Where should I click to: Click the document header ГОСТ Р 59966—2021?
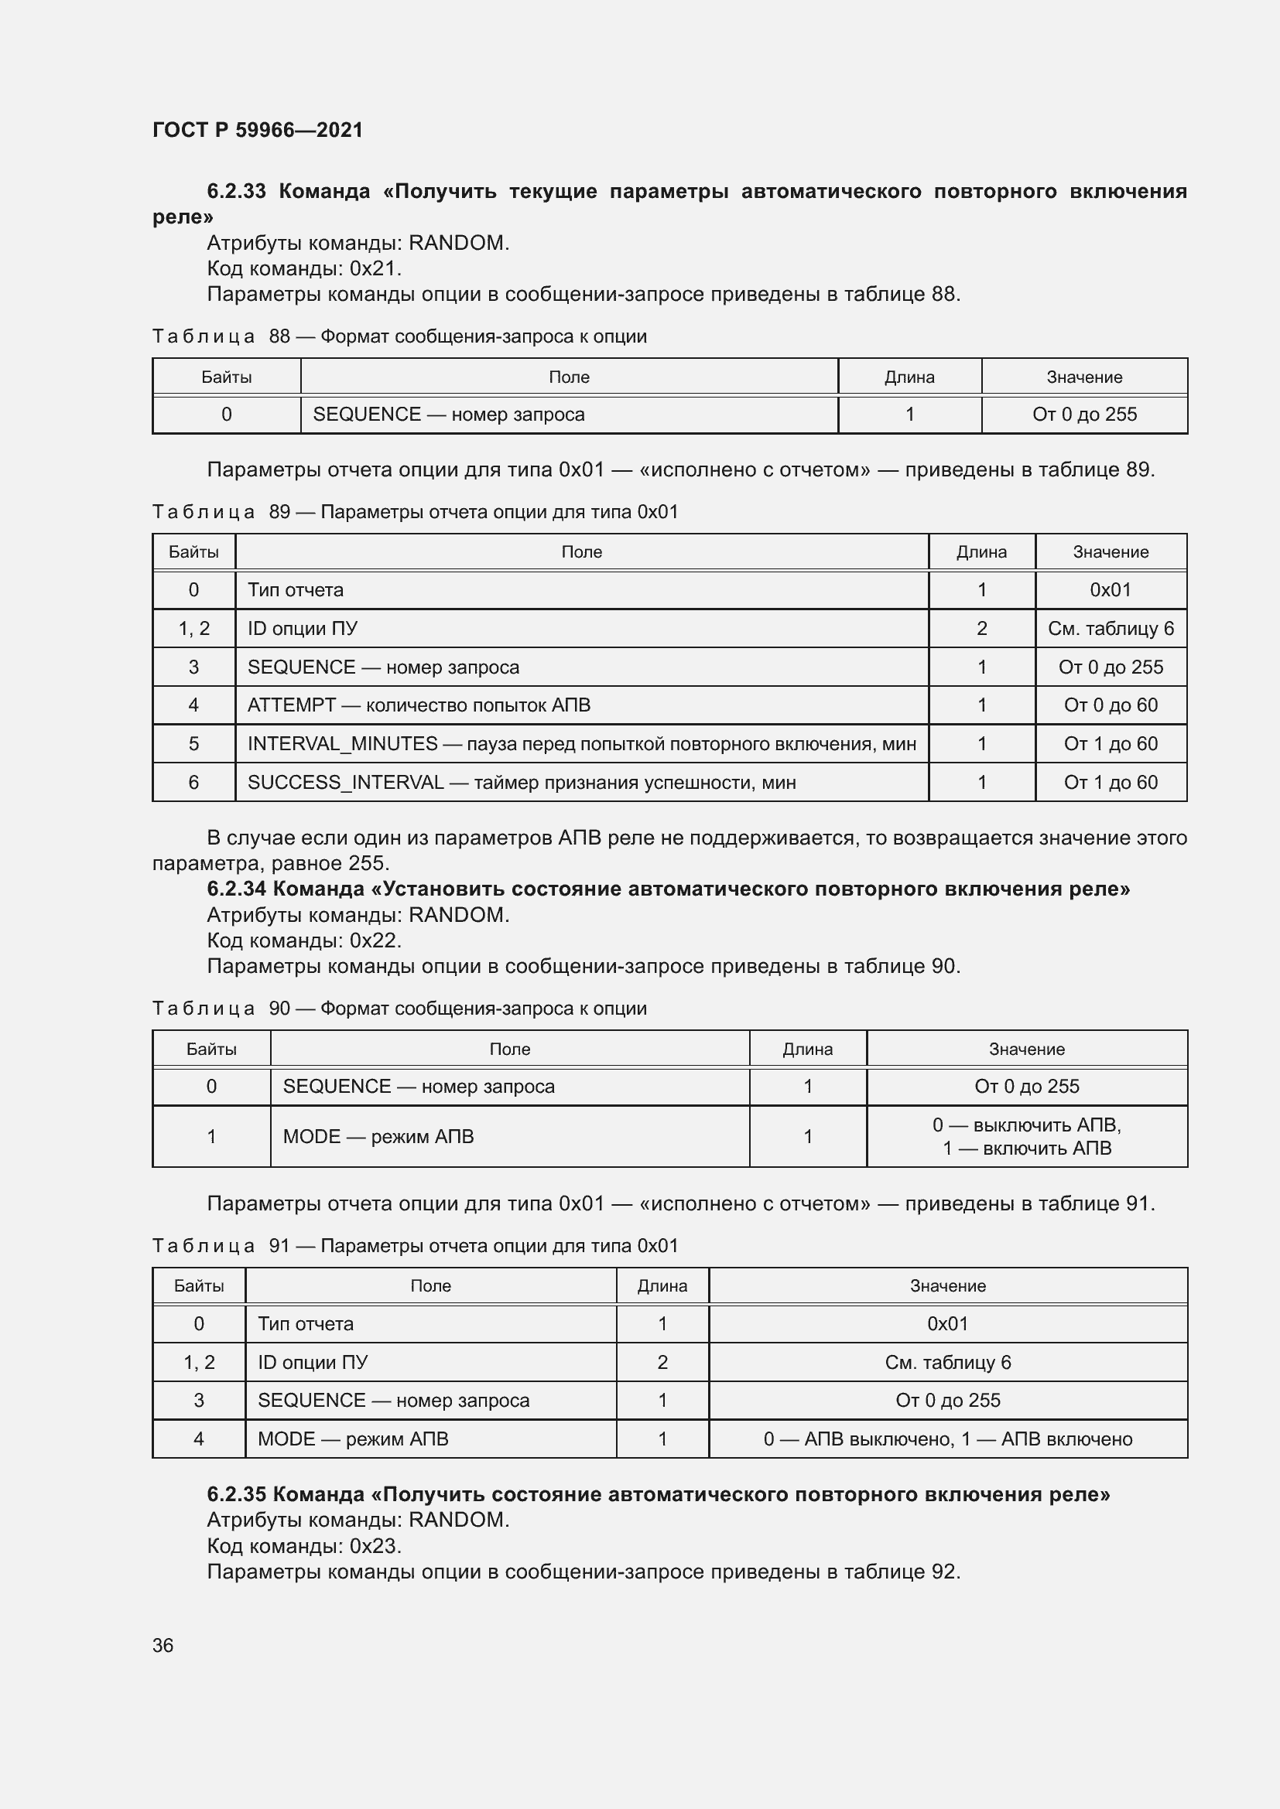258,130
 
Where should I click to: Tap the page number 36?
163,1646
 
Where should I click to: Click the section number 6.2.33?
237,192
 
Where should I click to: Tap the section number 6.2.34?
237,889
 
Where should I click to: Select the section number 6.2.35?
237,1495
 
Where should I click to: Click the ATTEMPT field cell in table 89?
419,705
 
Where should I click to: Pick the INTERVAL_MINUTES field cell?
581,744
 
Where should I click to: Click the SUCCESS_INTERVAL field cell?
521,783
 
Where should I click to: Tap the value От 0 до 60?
1110,705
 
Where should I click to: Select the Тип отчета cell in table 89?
296,590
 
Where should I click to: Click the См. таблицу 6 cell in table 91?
947,1362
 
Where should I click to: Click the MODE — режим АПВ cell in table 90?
378,1136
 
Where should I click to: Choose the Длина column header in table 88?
909,377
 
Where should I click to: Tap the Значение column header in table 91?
947,1286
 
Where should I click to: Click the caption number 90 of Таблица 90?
280,1009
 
